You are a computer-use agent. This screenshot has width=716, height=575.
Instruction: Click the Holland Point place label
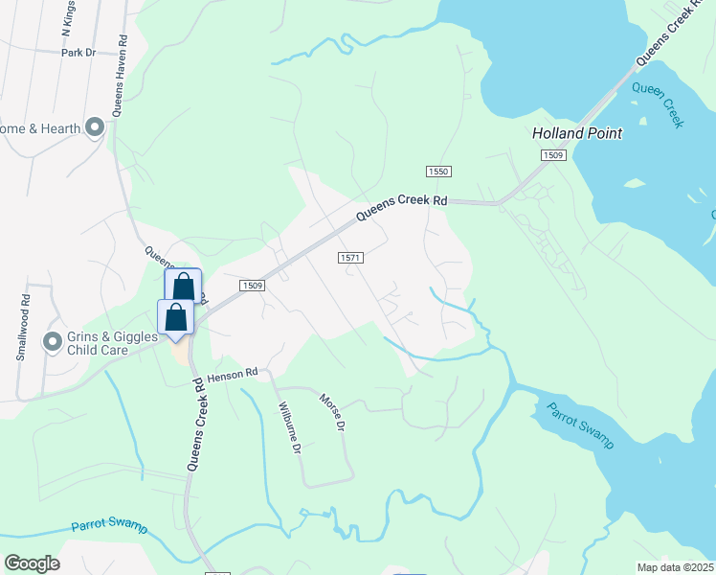[577, 133]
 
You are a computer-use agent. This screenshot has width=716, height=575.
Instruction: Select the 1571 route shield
[350, 258]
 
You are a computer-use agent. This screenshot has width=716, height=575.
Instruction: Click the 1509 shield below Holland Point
[553, 154]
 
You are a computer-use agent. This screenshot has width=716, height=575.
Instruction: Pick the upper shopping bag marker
[183, 286]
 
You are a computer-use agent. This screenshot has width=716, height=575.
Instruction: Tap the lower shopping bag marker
[176, 316]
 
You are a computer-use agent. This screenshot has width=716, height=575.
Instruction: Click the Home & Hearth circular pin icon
[94, 127]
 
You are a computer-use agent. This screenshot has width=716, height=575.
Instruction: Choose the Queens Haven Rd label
[119, 77]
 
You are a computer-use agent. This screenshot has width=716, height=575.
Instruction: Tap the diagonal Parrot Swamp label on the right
[580, 425]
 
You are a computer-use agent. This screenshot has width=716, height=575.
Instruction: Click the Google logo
[32, 563]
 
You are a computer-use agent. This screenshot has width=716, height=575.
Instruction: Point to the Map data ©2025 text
[674, 567]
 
